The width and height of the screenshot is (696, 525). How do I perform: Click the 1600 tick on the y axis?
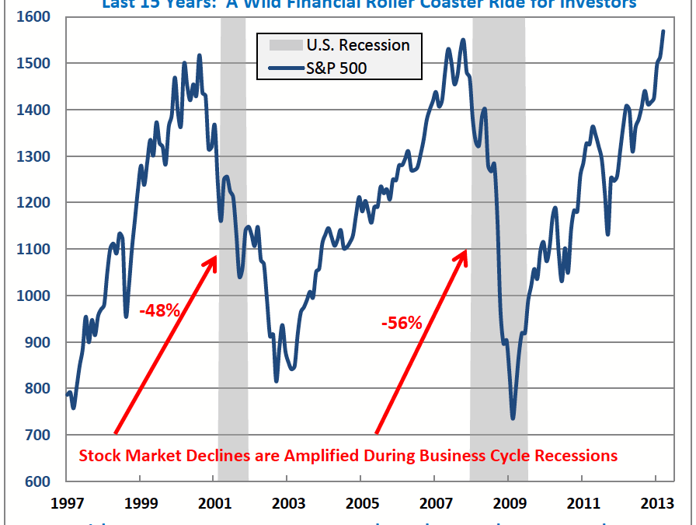tap(35, 16)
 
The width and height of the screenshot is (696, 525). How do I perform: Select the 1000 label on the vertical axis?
tap(35, 296)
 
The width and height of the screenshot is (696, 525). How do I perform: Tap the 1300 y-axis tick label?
tap(35, 156)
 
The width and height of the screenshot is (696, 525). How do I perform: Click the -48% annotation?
tap(161, 310)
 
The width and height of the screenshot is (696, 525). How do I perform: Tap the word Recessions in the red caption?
tap(576, 455)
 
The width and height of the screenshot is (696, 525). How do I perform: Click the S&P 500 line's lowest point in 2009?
tap(513, 418)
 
